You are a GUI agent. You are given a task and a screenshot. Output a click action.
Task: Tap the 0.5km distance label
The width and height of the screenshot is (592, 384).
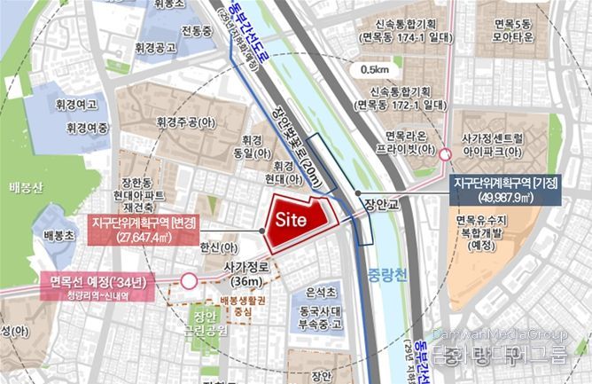[x=376, y=69]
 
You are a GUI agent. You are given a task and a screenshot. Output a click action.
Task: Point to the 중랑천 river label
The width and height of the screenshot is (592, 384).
[x=386, y=273]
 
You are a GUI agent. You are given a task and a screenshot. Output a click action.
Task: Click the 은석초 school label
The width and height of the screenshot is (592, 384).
[x=320, y=292]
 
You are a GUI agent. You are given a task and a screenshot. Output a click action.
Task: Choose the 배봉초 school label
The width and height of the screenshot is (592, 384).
[x=59, y=236]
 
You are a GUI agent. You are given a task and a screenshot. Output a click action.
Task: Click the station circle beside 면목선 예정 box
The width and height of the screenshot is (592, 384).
[x=189, y=282]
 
